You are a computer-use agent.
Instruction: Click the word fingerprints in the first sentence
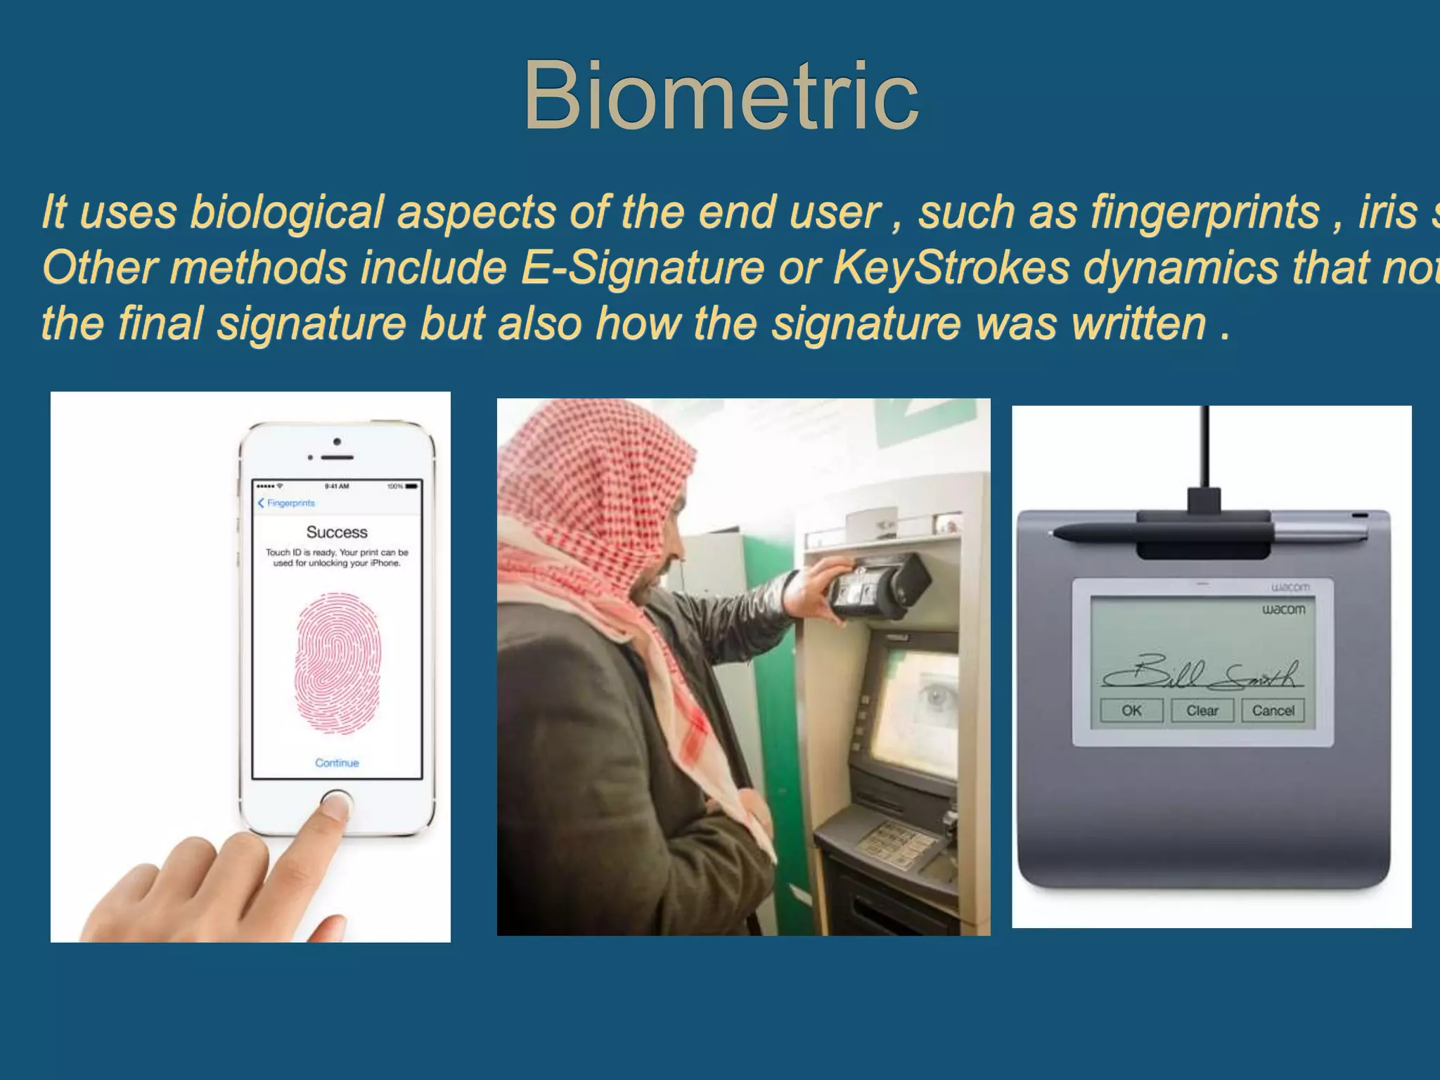(x=1205, y=212)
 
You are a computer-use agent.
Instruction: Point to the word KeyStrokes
(x=951, y=267)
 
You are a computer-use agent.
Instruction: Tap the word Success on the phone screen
(x=337, y=532)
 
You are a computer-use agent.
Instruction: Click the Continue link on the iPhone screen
(x=337, y=763)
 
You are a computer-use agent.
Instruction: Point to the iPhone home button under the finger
(x=336, y=802)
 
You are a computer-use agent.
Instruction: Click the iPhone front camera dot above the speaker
(x=337, y=442)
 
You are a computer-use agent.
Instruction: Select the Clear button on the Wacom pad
(x=1202, y=710)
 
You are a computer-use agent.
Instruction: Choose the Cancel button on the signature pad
(x=1273, y=710)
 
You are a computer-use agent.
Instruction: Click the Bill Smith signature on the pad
(x=1202, y=674)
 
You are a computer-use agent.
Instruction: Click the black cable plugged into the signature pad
(x=1205, y=450)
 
